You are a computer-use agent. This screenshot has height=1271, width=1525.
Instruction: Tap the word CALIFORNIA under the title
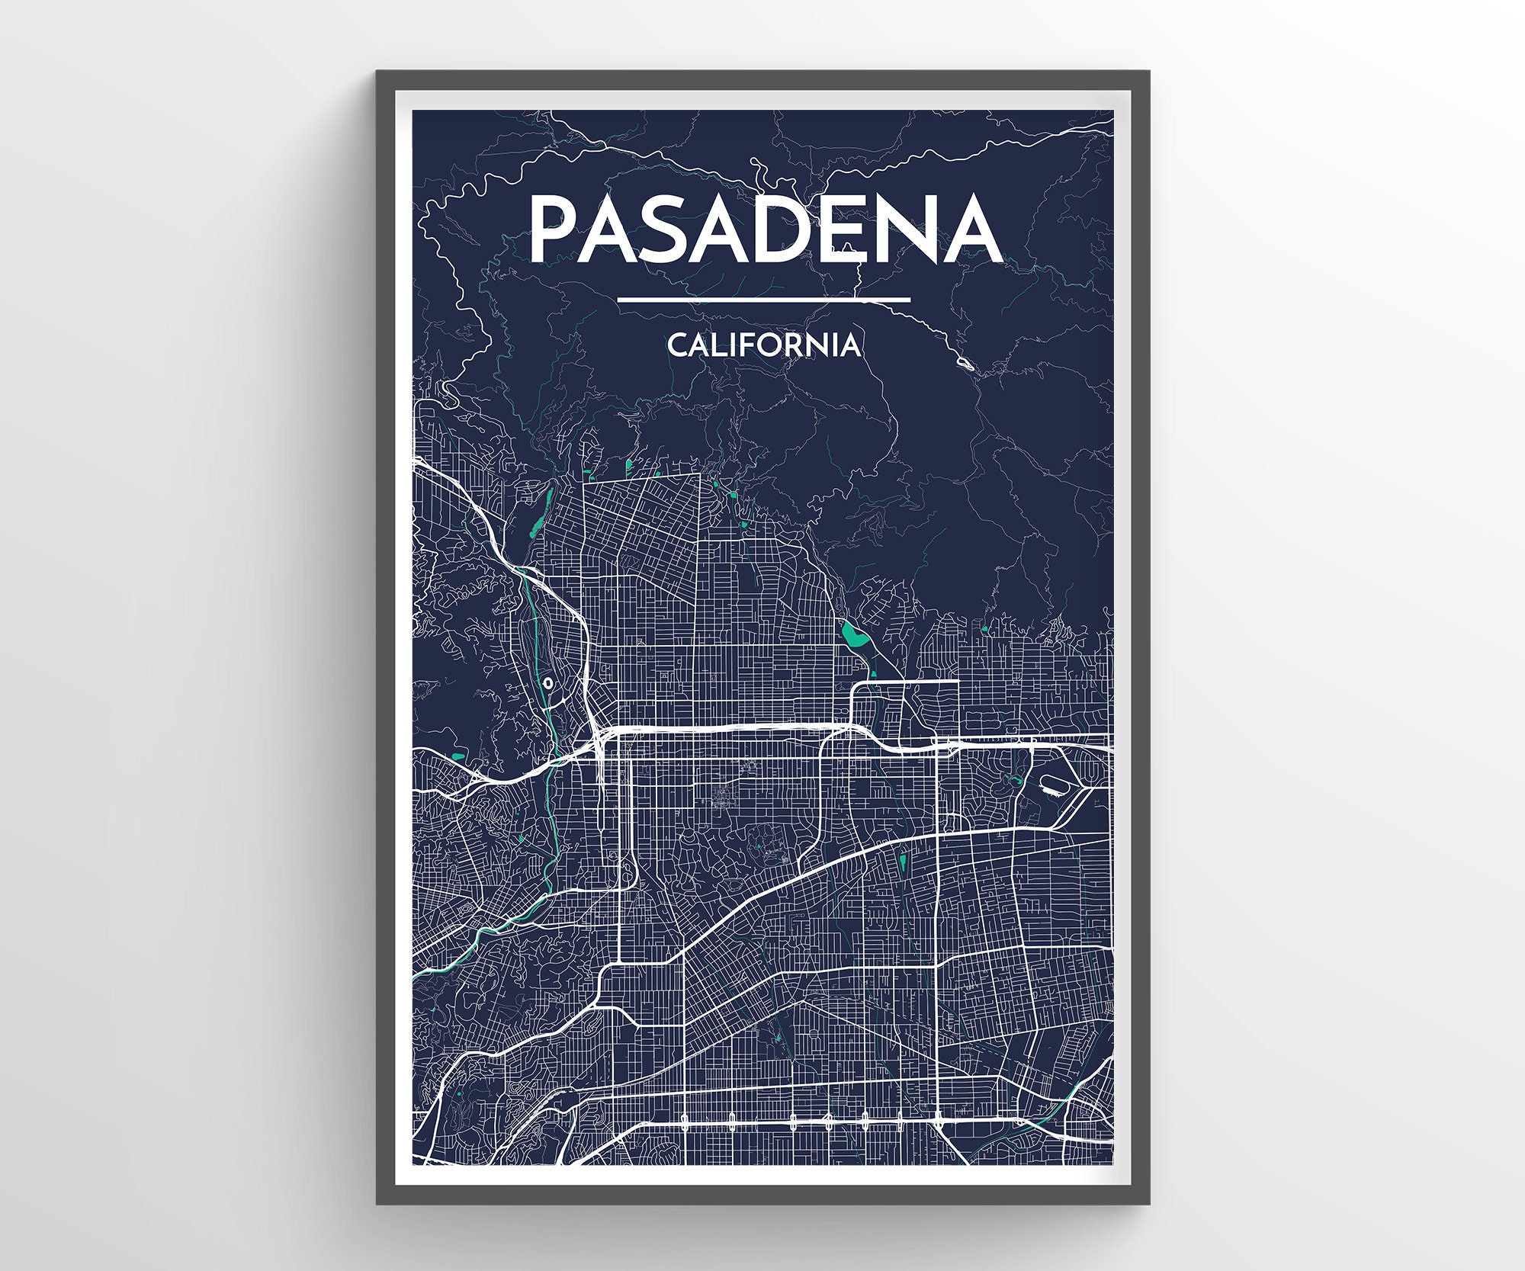pyautogui.click(x=765, y=345)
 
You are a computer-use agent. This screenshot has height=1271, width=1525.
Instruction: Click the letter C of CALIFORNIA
pyautogui.click(x=678, y=345)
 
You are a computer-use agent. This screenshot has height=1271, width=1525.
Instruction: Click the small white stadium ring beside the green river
pyautogui.click(x=548, y=683)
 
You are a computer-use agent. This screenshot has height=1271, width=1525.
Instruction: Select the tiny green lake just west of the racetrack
pyautogui.click(x=1015, y=779)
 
